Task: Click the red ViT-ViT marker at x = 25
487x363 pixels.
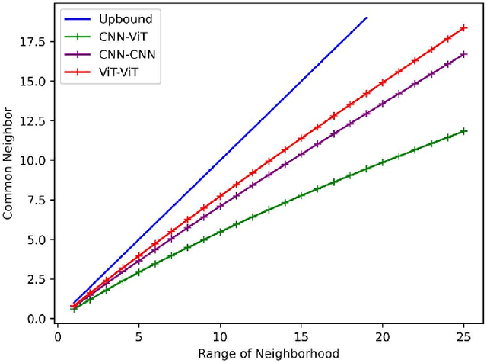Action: point(464,27)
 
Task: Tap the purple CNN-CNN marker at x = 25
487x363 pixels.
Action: point(464,54)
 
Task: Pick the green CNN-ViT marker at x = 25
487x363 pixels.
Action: point(464,131)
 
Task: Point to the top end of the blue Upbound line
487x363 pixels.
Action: point(367,17)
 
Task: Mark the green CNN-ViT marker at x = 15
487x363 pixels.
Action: point(301,195)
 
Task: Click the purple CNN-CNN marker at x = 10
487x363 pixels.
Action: point(220,206)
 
